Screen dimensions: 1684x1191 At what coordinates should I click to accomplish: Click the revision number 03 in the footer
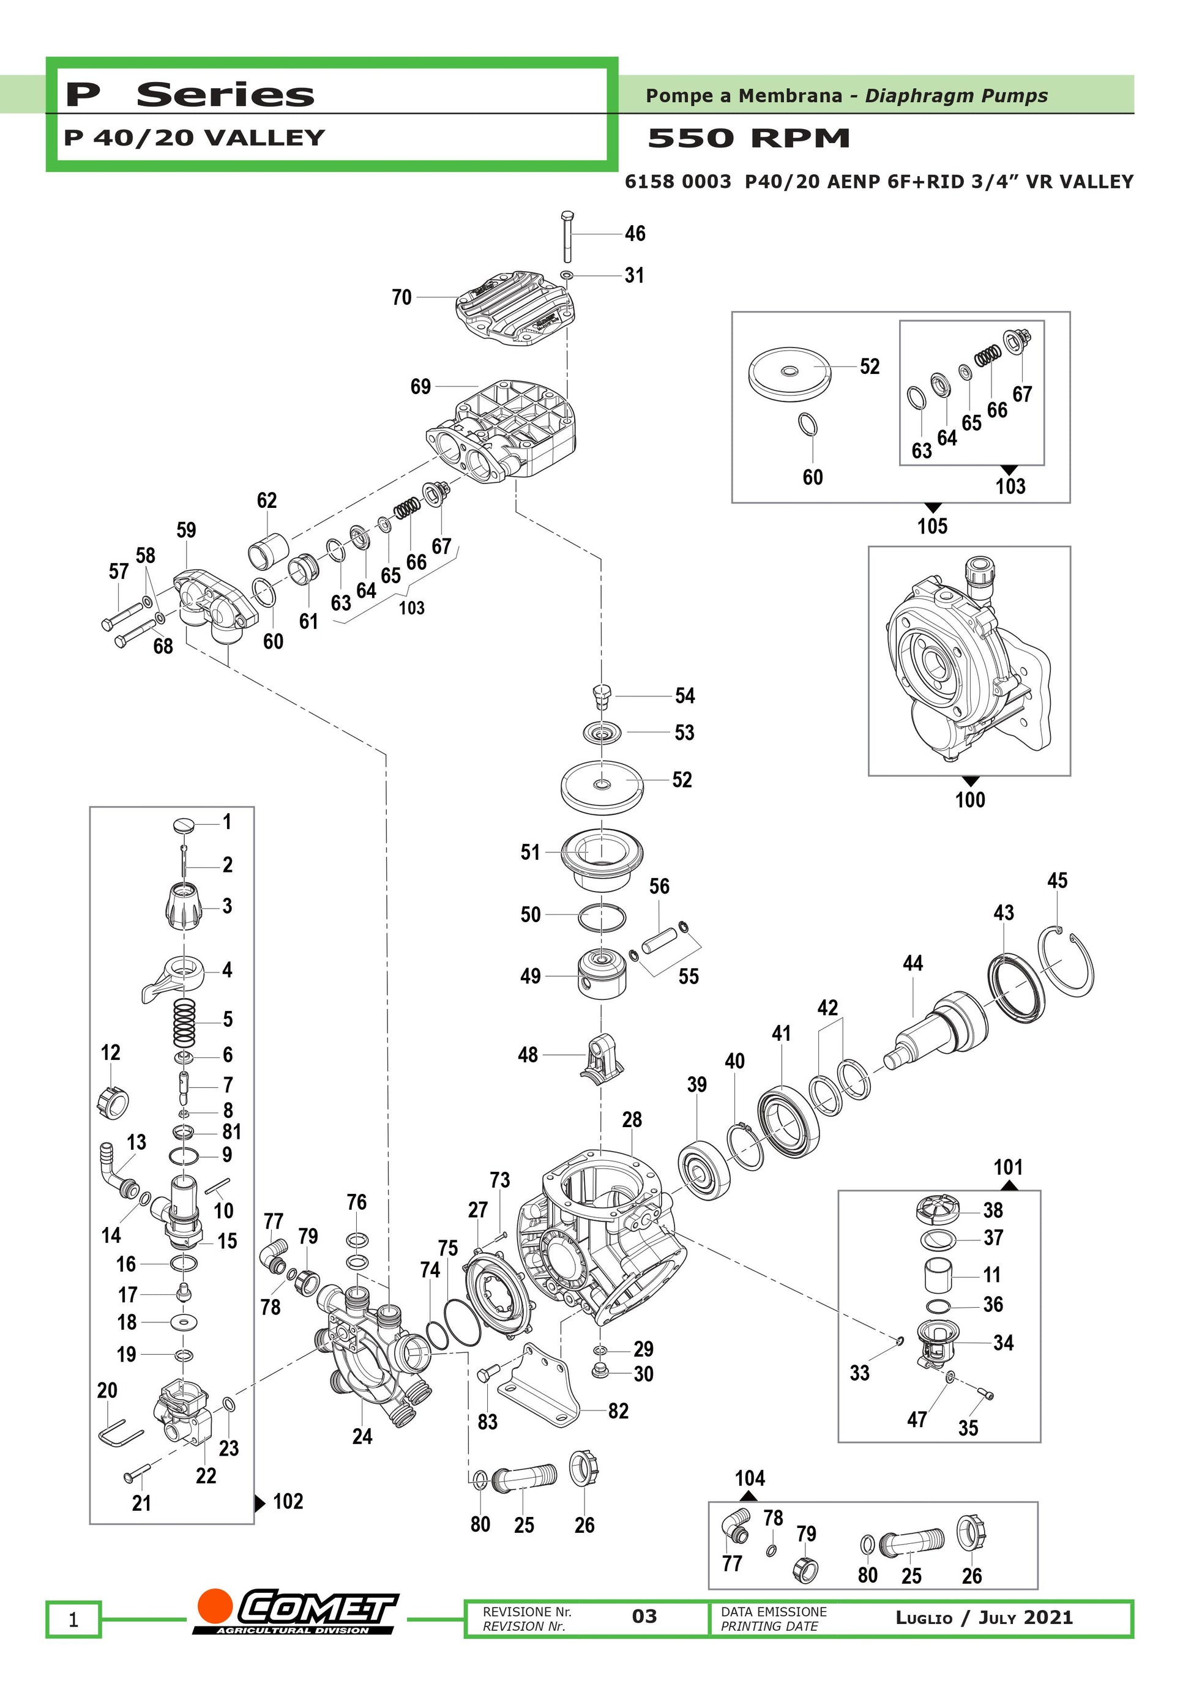point(644,1617)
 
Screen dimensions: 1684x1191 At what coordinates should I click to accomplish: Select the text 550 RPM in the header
point(749,138)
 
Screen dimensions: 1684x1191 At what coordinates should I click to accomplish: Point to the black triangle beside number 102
point(259,1503)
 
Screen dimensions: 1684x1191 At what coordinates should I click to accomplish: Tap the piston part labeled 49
point(602,975)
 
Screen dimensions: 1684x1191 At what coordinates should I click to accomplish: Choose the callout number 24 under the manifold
point(362,1436)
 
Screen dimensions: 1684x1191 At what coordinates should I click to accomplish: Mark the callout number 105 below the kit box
point(932,526)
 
